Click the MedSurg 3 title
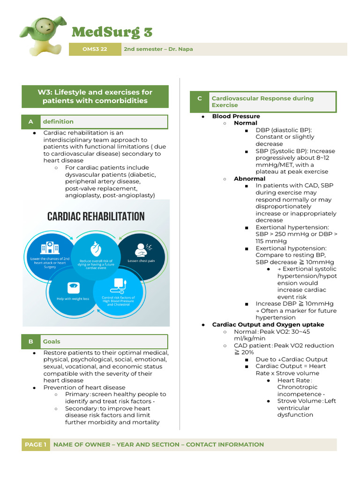(112, 32)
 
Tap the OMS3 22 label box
(94, 49)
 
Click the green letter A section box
(31, 122)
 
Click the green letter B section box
(31, 342)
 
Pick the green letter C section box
(199, 98)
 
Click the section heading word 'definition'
(58, 122)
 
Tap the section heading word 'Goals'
(52, 342)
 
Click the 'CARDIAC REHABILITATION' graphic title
(96, 217)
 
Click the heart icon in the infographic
(96, 247)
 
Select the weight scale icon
(73, 286)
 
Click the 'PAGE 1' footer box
(36, 444)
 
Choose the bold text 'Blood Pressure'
(236, 116)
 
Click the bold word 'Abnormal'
(249, 179)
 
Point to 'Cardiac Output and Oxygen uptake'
(268, 324)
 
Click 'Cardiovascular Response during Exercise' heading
(262, 102)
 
